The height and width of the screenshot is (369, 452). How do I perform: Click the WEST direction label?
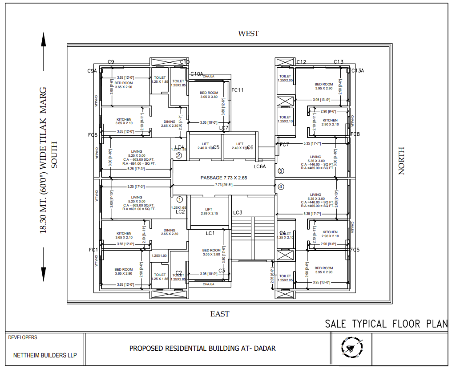248,33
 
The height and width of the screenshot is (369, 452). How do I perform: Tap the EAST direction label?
220,314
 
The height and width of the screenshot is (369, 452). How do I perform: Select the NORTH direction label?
401,161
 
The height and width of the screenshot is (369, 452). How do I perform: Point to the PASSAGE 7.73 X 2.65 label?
223,178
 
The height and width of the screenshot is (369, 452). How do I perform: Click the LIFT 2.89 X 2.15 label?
209,211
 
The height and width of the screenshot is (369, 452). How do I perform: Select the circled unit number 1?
180,200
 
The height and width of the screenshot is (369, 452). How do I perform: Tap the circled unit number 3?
281,171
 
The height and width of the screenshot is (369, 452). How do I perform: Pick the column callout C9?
111,62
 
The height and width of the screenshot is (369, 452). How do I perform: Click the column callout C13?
339,62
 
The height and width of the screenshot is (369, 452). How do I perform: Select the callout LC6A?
259,166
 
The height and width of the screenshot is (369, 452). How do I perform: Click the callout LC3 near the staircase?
238,213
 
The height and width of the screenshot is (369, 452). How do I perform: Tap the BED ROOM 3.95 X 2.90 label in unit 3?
323,86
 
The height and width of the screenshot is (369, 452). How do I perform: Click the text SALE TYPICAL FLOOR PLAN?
386,324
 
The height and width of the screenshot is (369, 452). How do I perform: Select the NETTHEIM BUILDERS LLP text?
45,355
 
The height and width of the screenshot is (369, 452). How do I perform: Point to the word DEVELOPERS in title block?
23,337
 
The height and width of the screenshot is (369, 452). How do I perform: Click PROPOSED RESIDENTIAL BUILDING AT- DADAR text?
202,348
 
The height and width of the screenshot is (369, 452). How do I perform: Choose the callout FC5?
355,250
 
